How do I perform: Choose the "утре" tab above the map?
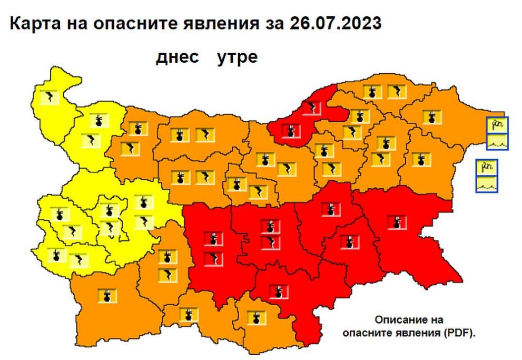(238, 57)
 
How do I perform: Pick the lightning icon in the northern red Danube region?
(314, 109)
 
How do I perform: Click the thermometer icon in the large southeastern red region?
(396, 222)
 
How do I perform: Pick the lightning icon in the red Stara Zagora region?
(270, 242)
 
